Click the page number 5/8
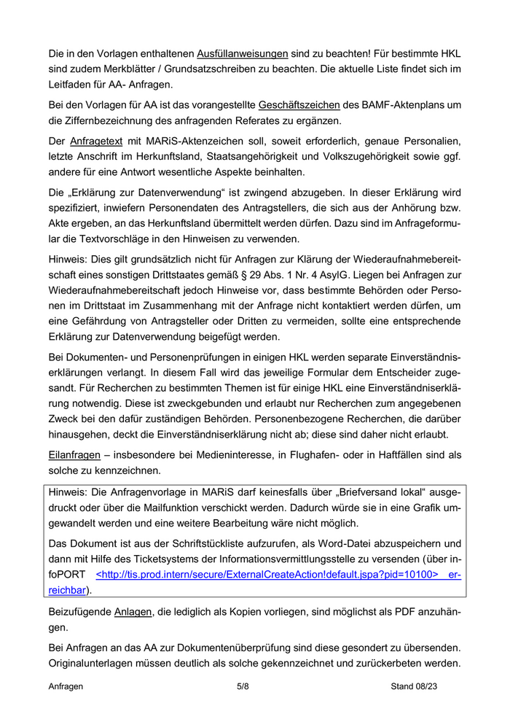[x=243, y=686]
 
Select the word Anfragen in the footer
[x=66, y=686]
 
